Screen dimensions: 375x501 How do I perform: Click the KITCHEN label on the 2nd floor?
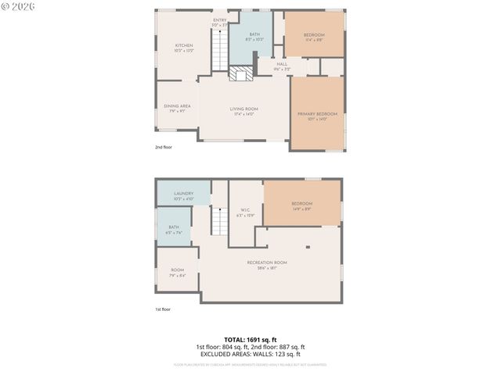pos(184,46)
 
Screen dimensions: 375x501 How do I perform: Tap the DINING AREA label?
pos(177,106)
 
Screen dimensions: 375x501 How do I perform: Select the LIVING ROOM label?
pos(244,109)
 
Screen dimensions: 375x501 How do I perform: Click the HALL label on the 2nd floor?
pos(282,64)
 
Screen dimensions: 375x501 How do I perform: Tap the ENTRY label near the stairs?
pos(220,20)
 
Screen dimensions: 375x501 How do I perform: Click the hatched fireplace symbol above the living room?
pos(242,73)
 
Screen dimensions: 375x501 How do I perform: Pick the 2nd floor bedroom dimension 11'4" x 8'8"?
pos(314,40)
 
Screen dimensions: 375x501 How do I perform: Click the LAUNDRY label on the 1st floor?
pos(183,194)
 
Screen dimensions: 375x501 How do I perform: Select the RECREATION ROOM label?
pos(267,262)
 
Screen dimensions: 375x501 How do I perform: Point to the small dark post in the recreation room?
pos(308,247)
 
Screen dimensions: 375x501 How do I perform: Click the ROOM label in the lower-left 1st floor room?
pos(178,270)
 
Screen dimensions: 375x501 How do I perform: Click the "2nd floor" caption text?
pos(163,147)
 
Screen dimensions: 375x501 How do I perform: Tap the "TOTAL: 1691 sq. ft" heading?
pos(250,340)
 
